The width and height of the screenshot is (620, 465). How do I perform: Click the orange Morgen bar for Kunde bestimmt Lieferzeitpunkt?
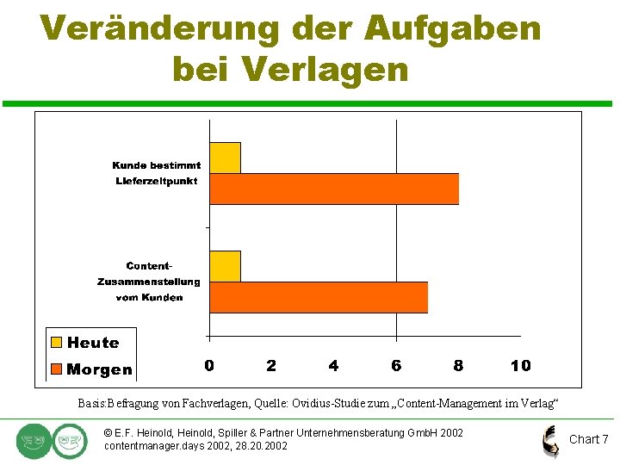334,189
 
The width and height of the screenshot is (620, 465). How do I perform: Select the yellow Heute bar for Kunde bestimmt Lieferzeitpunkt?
225,158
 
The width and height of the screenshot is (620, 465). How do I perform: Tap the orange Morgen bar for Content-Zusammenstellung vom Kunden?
319,297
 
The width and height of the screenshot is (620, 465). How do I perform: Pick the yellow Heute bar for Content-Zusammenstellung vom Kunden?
225,266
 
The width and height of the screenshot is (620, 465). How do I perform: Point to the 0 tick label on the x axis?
209,366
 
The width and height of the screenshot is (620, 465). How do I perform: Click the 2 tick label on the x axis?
271,366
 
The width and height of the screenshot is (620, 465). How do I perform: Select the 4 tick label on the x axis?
333,366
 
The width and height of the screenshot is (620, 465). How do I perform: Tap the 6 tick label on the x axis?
396,366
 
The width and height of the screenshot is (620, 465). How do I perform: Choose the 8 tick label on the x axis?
458,366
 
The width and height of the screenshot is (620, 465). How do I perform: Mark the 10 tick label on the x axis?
520,366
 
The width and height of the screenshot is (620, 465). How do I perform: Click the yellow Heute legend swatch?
57,343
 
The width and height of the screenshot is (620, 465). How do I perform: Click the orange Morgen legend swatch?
57,369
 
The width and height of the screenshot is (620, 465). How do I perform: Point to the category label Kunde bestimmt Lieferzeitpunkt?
157,173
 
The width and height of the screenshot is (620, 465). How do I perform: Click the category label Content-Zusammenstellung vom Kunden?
149,282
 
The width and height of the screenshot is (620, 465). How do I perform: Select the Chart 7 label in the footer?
588,439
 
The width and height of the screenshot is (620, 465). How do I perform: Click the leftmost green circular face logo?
33,441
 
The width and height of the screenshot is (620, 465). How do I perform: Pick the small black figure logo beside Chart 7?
549,441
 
